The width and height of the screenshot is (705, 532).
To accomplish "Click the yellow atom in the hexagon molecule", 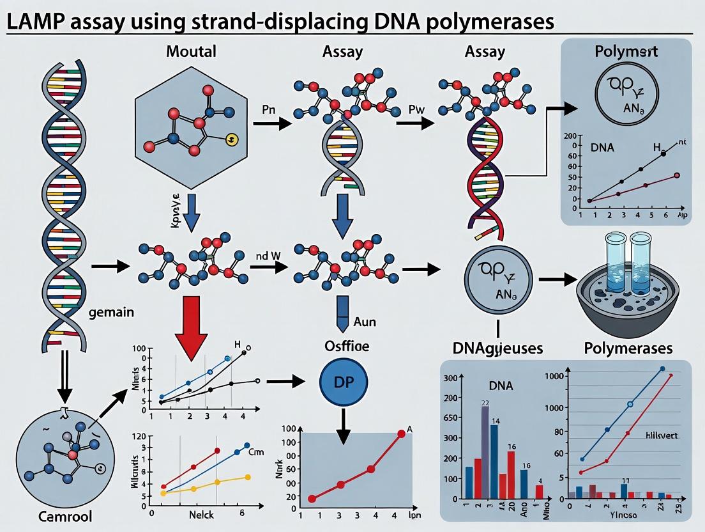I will pos(232,138).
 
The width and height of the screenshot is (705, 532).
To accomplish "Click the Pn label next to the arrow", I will pos(269,109).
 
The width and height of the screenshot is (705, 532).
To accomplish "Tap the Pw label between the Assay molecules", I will pos(416,109).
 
